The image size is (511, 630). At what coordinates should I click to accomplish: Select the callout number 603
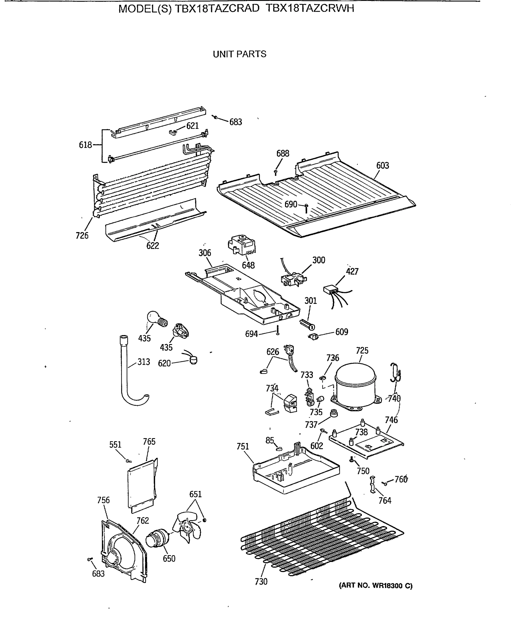pyautogui.click(x=382, y=165)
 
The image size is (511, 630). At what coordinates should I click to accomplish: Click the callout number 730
pyautogui.click(x=261, y=581)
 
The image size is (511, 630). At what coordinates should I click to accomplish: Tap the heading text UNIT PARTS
pyautogui.click(x=239, y=54)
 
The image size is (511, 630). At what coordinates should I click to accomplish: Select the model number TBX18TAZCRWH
pyautogui.click(x=310, y=9)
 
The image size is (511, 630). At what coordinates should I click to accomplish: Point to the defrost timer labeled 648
pyautogui.click(x=241, y=245)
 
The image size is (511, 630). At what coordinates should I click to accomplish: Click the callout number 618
pyautogui.click(x=85, y=145)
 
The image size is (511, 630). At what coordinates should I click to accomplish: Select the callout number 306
pyautogui.click(x=204, y=253)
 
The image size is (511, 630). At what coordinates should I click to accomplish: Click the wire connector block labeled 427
pyautogui.click(x=330, y=290)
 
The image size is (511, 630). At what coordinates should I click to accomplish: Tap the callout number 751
pyautogui.click(x=243, y=446)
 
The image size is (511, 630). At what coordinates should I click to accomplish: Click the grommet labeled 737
pyautogui.click(x=334, y=413)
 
